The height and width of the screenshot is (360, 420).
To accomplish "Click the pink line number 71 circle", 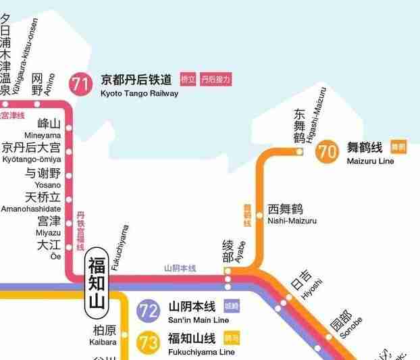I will [x=81, y=84].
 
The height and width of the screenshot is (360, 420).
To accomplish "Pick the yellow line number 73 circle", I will [x=148, y=342].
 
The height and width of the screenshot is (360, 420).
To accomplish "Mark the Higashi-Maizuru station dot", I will [x=300, y=151].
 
